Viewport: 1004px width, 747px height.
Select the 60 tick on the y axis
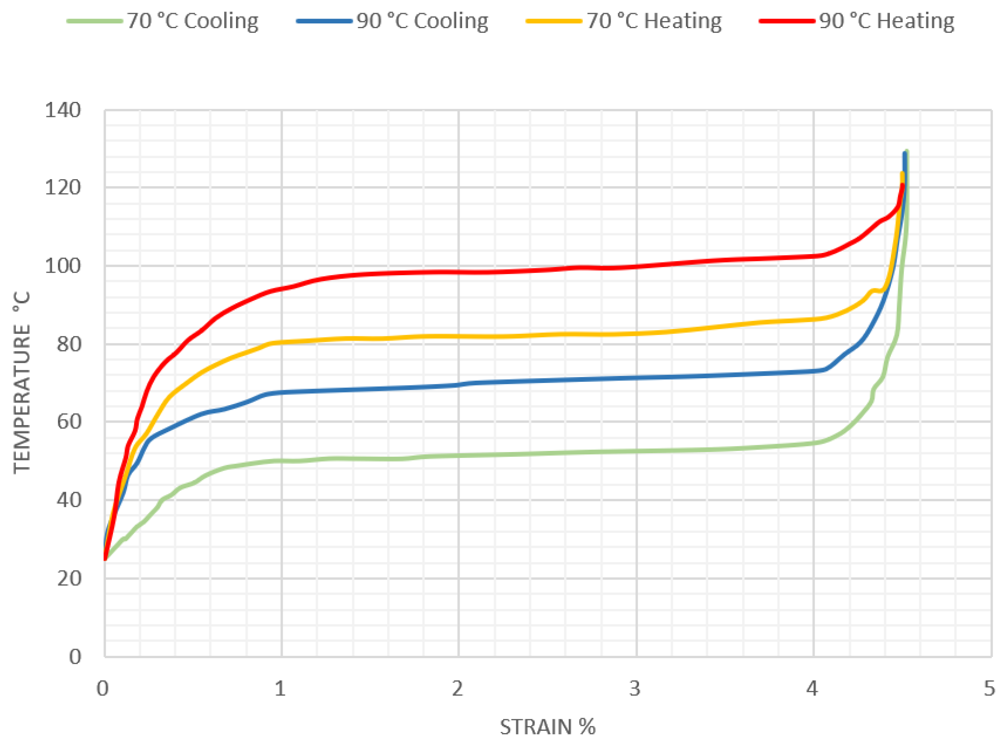68,421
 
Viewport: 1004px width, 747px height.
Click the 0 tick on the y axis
75,656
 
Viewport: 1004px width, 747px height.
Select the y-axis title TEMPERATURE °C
22,383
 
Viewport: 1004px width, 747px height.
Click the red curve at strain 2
458,272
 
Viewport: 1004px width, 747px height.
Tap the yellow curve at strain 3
636,334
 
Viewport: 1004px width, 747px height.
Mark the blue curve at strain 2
458,385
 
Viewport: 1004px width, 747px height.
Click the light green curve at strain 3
636,451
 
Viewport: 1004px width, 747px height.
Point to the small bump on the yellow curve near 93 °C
872,290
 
